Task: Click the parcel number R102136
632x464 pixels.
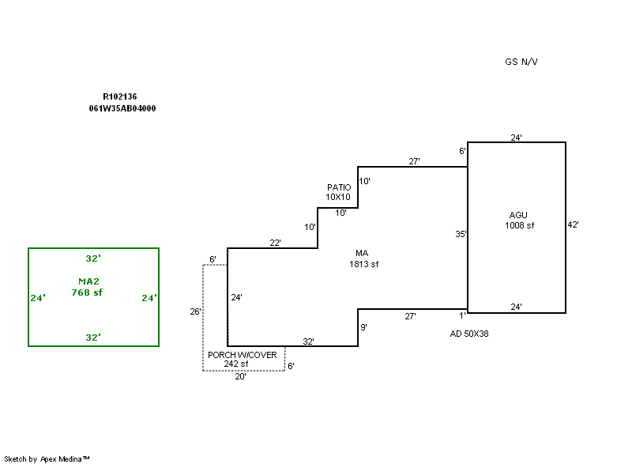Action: point(120,96)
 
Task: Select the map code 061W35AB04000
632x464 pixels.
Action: point(122,109)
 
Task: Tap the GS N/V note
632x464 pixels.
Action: point(521,62)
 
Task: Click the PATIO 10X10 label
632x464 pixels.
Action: point(339,191)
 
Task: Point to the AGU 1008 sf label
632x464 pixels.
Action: point(519,220)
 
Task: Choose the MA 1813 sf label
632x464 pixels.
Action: point(363,258)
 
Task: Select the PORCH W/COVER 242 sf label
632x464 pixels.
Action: point(242,359)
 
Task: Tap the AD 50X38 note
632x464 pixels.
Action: point(469,334)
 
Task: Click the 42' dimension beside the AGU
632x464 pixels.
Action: point(574,224)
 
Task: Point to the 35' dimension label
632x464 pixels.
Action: point(461,234)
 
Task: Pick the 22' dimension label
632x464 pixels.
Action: point(275,243)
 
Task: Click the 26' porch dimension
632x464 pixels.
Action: point(195,311)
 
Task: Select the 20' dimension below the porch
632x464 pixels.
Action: point(241,377)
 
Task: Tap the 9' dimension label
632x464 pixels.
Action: point(363,326)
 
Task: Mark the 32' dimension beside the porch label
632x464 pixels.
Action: point(309,341)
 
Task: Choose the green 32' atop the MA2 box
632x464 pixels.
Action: point(93,258)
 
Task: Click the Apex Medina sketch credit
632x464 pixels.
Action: point(47,458)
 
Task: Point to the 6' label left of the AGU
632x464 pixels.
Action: point(462,151)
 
